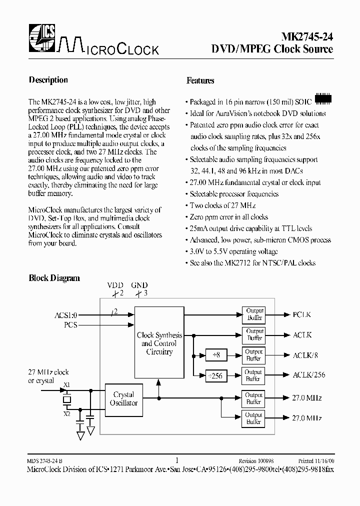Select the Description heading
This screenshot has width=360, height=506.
pos(48,80)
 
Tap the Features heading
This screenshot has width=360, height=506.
pos(200,80)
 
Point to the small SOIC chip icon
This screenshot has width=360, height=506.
pos(323,98)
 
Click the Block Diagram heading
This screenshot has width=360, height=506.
pos(54,278)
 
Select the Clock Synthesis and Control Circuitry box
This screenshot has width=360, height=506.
pos(159,343)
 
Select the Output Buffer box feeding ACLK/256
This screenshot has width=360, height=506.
pos(253,375)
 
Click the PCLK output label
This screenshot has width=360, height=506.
pos(302,314)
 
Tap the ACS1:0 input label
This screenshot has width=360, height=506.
pos(66,315)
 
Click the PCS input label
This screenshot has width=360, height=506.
pos(71,324)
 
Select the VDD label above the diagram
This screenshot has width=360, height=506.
pos(115,285)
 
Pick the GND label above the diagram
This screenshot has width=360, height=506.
pos(139,285)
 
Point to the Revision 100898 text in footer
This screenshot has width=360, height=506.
pos(256,460)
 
